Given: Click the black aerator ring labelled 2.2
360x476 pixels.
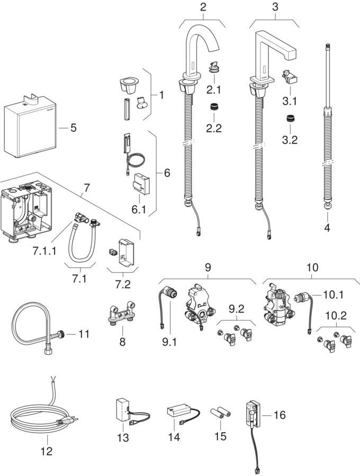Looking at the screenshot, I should point(214,106).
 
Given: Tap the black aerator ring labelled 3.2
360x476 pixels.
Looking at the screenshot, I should point(290,118).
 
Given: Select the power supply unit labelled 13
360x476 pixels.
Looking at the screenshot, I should point(123,410).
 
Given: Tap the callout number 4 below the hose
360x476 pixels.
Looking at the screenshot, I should point(327,228).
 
